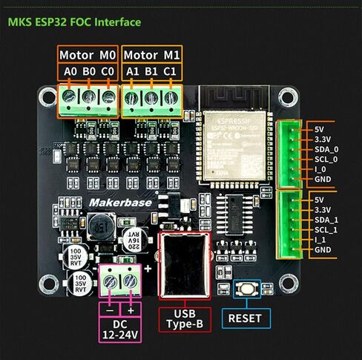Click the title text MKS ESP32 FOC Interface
click(x=74, y=22)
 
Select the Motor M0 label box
click(x=88, y=55)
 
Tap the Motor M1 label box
click(x=151, y=55)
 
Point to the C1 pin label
click(x=171, y=72)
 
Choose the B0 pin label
click(x=89, y=72)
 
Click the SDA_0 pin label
click(x=327, y=148)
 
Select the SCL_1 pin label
click(x=327, y=229)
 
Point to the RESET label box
click(x=245, y=318)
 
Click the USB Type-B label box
click(x=185, y=319)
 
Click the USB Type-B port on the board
click(x=185, y=265)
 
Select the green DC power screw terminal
click(x=121, y=281)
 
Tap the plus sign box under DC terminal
click(x=132, y=309)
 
